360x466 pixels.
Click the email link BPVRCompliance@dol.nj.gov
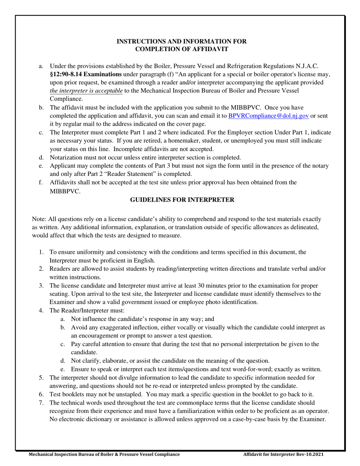(268, 116)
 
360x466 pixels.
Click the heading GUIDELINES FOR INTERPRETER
(182, 200)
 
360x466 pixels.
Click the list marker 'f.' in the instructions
(41, 183)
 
